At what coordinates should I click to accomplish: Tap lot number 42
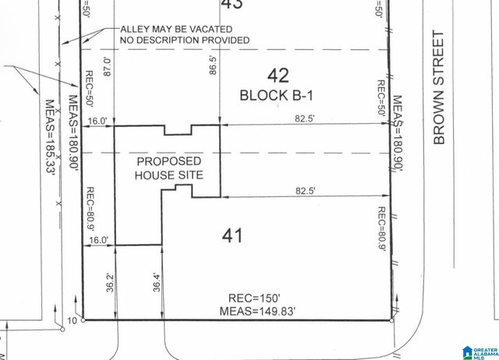pos(278,76)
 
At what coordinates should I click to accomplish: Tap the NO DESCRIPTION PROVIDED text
pos(184,41)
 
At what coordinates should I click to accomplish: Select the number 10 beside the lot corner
pos(73,320)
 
